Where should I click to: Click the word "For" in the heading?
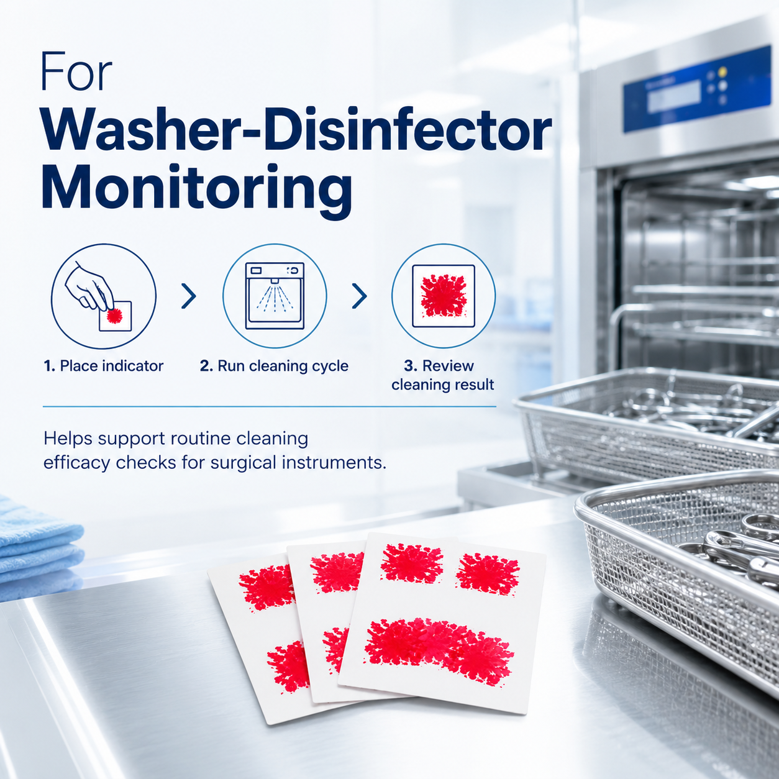click(x=76, y=71)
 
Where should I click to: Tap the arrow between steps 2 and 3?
click(x=360, y=296)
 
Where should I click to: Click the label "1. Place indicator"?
click(x=104, y=366)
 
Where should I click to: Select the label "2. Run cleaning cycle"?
click(x=274, y=367)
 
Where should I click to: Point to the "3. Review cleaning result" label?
click(x=443, y=375)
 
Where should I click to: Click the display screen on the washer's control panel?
click(x=674, y=96)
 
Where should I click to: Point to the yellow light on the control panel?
click(x=722, y=72)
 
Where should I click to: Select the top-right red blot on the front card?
click(x=488, y=574)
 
